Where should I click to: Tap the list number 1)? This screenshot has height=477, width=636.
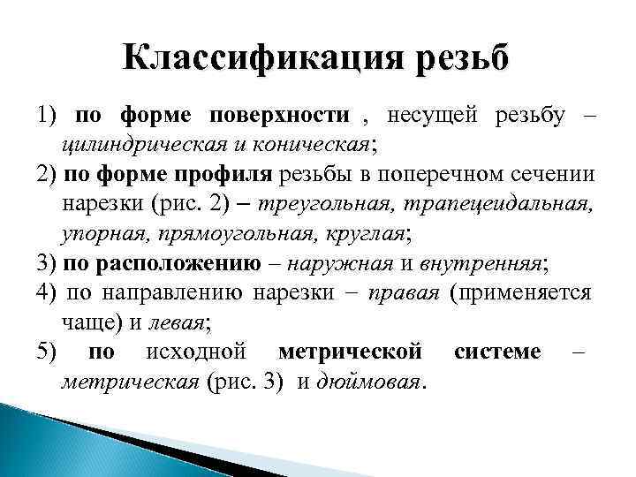(46, 115)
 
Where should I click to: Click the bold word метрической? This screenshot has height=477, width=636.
(349, 352)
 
